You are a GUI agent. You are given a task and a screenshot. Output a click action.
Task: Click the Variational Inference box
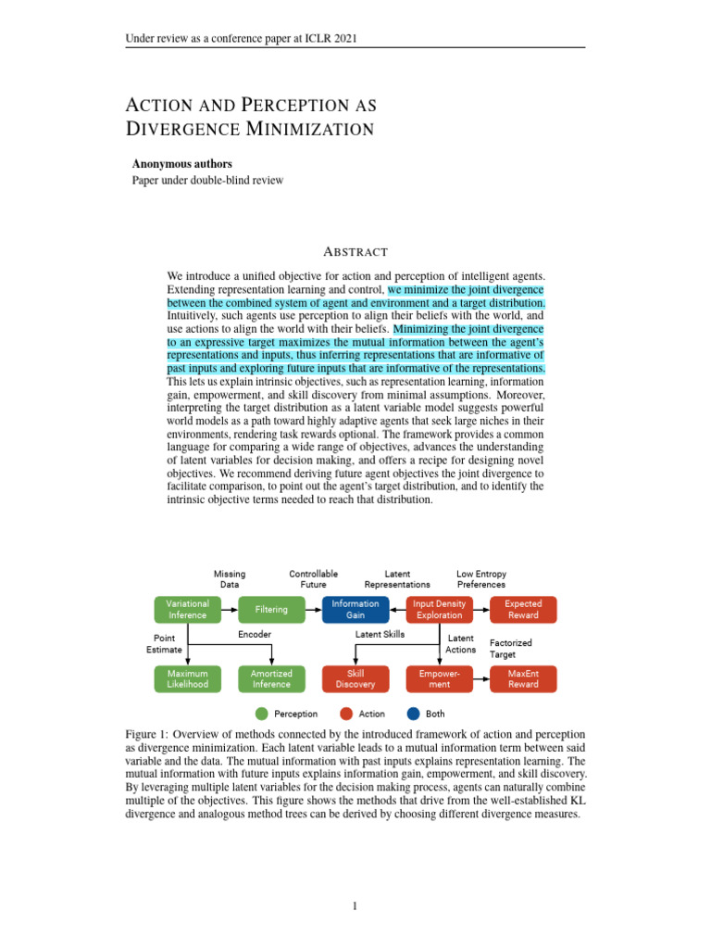(187, 609)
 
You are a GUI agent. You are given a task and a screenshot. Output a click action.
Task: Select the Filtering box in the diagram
(271, 609)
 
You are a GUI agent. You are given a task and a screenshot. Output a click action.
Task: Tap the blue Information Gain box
(355, 609)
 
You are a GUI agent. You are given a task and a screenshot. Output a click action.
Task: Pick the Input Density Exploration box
(440, 609)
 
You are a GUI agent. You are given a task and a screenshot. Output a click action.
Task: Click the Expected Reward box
(523, 609)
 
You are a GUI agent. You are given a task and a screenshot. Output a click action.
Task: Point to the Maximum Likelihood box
(187, 678)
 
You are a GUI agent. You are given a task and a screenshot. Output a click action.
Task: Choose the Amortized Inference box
(271, 678)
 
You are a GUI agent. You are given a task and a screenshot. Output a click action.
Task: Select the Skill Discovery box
(355, 678)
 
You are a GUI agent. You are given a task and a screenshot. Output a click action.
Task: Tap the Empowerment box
(440, 678)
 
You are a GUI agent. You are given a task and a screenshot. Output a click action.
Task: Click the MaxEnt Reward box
(523, 678)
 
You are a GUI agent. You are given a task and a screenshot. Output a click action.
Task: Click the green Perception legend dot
(261, 714)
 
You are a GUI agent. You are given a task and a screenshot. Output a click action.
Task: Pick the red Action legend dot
(345, 714)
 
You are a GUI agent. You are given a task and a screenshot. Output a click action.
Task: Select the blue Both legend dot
(413, 714)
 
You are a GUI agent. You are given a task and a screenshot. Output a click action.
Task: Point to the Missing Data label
(230, 579)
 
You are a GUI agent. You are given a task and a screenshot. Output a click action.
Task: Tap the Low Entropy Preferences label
(480, 579)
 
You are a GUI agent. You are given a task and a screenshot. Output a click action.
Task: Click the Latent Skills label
(381, 634)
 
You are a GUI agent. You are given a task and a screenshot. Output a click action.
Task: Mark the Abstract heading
(355, 252)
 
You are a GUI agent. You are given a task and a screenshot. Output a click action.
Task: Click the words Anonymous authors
(182, 164)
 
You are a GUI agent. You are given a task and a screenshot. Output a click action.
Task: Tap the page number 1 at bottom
(355, 906)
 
